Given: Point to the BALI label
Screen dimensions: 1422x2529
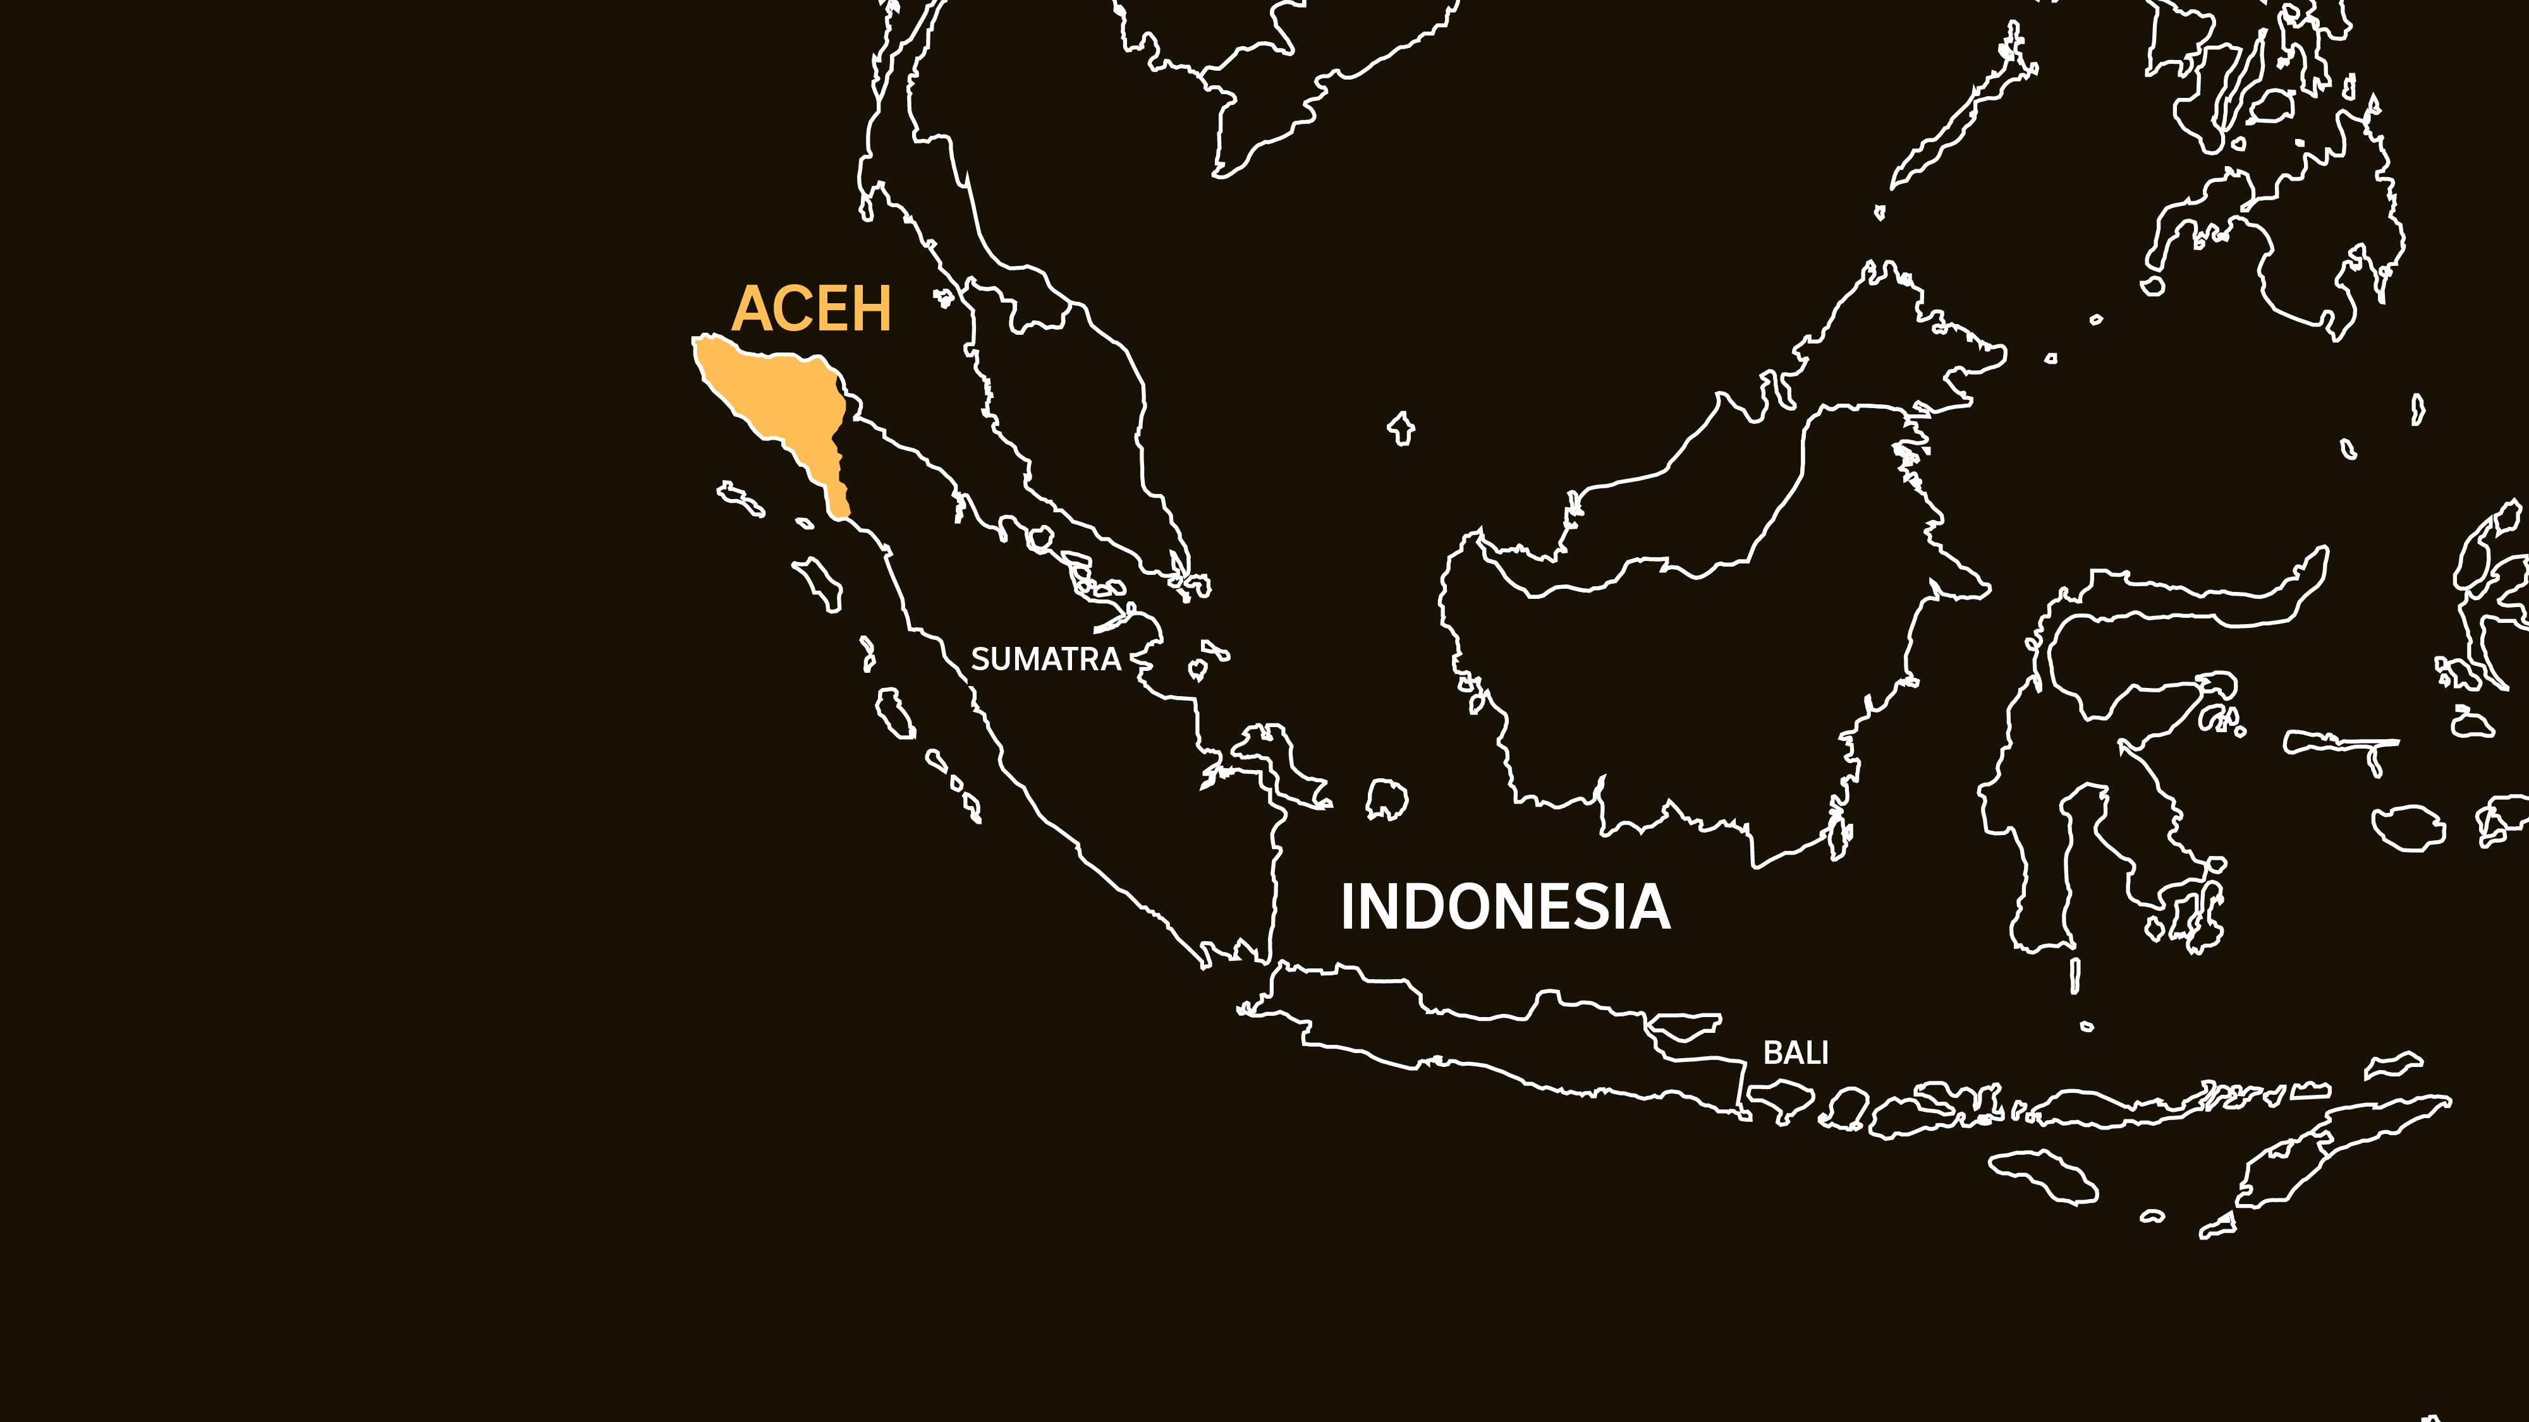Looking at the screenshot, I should [1796, 1053].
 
